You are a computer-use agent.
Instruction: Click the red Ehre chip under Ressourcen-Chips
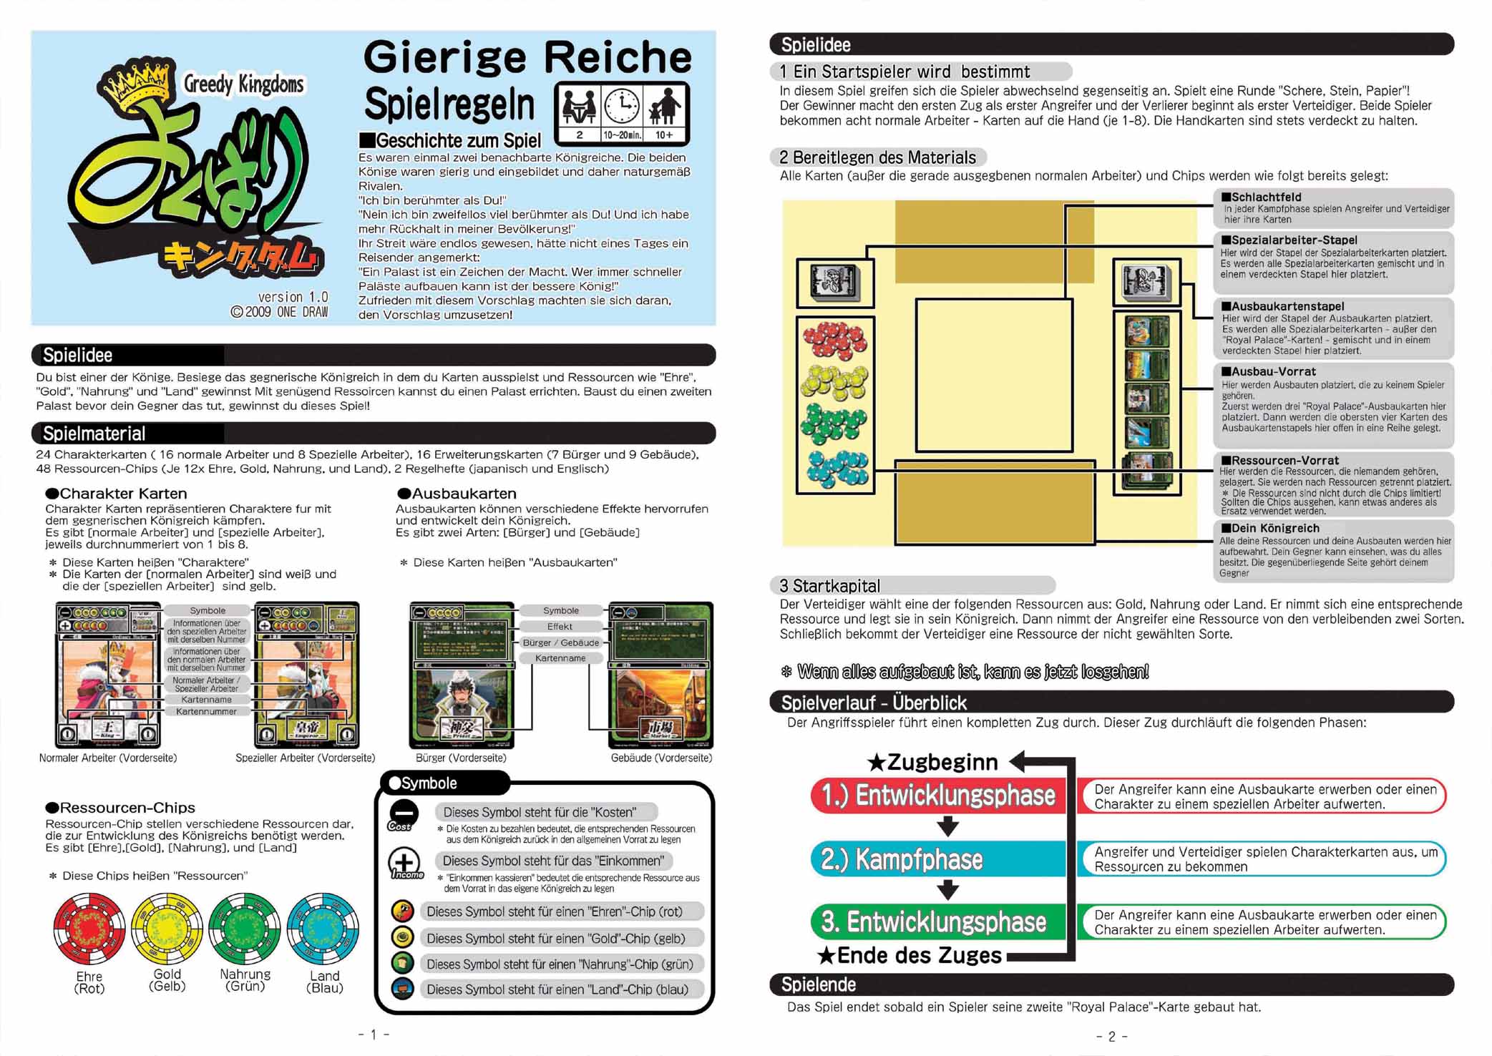point(89,928)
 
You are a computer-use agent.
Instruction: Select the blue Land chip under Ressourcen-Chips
point(323,928)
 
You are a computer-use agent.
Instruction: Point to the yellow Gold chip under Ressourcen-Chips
point(167,928)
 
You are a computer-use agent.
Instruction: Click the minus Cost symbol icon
point(404,814)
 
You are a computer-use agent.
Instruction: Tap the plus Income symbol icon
point(404,861)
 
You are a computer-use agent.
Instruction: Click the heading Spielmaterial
point(94,434)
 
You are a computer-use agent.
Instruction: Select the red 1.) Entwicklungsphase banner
point(937,796)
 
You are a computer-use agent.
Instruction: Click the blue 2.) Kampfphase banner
point(937,859)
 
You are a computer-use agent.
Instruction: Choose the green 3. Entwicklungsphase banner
point(937,922)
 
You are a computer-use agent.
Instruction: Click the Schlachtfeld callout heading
point(1266,197)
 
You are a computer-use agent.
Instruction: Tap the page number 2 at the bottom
point(1111,1037)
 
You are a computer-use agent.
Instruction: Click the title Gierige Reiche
point(527,57)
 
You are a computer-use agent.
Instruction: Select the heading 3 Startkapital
point(830,586)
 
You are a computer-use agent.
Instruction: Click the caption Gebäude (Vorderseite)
point(661,758)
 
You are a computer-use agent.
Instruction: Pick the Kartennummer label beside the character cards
point(206,711)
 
